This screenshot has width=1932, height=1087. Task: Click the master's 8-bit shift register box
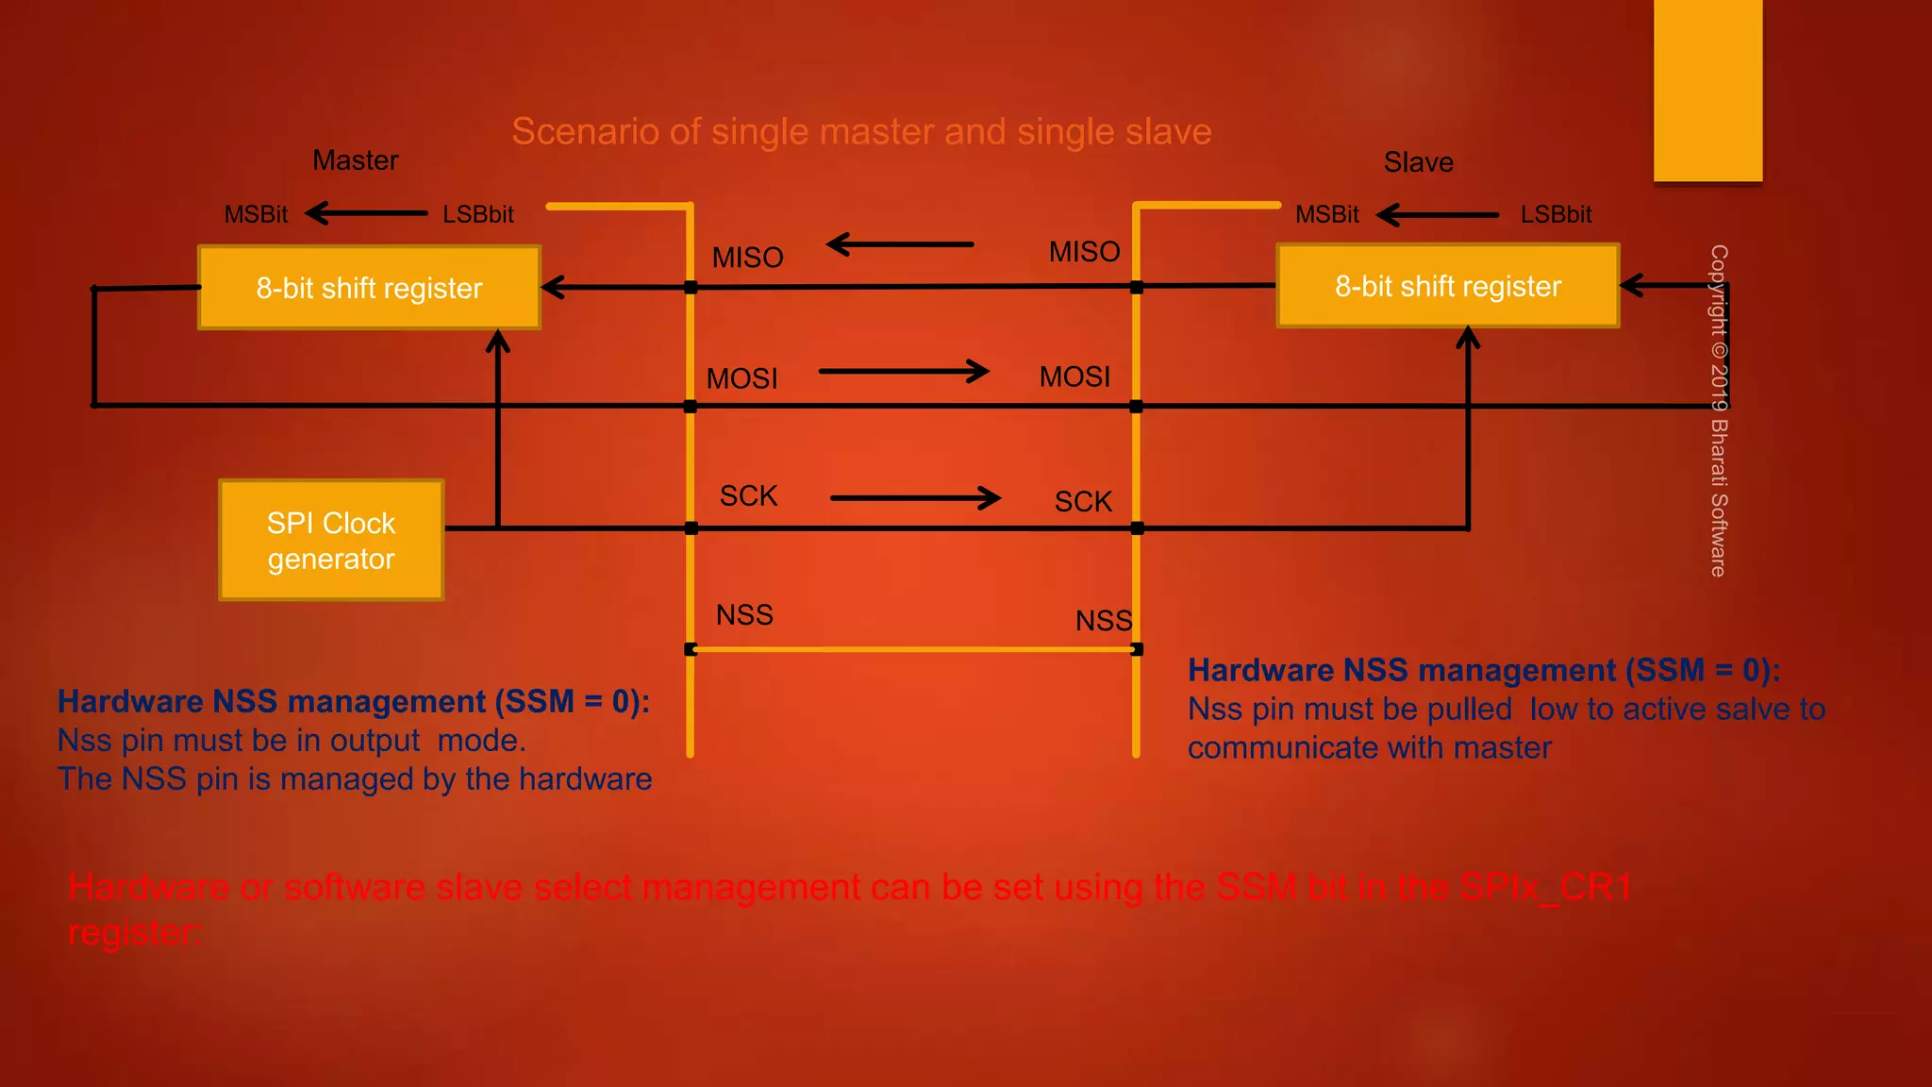click(369, 288)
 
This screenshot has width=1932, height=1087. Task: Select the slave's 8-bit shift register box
click(1448, 286)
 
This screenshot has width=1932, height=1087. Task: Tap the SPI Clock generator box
click(331, 541)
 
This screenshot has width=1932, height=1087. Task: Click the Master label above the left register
click(356, 160)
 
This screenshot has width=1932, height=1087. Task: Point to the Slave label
click(1418, 162)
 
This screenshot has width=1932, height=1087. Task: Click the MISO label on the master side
click(747, 258)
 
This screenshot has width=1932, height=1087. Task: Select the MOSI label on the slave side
click(1074, 376)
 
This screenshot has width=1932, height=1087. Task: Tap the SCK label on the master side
click(748, 495)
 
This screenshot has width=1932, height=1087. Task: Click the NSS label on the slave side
click(1103, 620)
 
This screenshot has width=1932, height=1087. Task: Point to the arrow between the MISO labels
click(900, 244)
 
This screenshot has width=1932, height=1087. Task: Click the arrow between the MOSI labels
click(904, 372)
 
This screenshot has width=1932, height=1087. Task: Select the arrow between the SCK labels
click(915, 497)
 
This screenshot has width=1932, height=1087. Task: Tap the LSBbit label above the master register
click(478, 214)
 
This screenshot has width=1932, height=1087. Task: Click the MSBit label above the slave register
click(1326, 214)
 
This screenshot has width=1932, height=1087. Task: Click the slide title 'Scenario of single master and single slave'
click(861, 131)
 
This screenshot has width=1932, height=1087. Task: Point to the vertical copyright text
click(1719, 410)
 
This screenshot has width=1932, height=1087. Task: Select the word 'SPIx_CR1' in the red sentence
click(1545, 887)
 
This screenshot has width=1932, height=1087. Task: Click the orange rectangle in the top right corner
click(1707, 91)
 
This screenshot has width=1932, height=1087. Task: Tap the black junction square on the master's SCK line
click(691, 528)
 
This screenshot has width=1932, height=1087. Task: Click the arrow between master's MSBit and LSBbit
click(366, 213)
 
